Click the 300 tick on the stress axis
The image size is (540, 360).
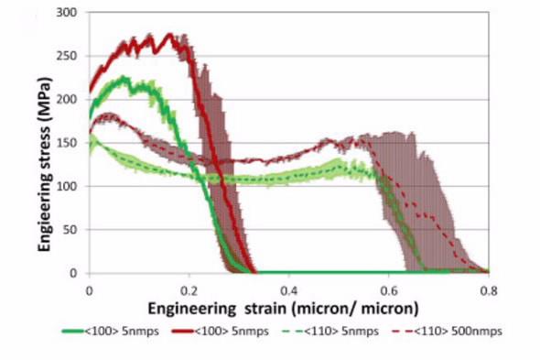point(70,13)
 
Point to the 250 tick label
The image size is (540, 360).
point(70,56)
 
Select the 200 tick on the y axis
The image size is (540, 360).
point(70,99)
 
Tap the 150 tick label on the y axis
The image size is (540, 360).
point(70,143)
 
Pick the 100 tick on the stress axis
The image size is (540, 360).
point(70,186)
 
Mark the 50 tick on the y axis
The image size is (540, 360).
point(72,229)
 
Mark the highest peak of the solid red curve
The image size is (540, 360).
point(169,35)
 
